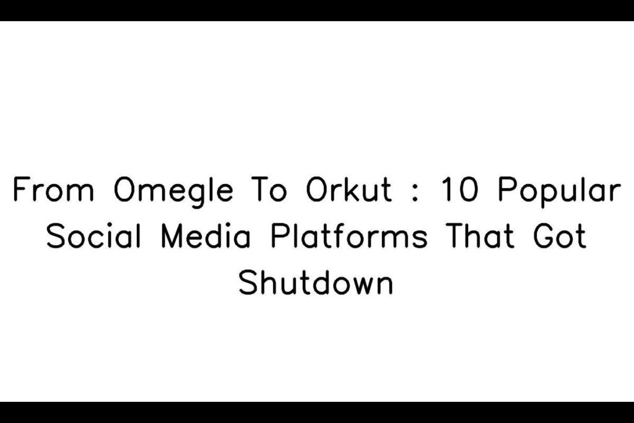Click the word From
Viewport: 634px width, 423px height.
53,190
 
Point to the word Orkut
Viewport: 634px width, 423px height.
349,190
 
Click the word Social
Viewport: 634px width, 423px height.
94,236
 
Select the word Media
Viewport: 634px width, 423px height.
206,236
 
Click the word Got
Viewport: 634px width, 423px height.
560,236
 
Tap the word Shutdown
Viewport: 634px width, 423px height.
316,282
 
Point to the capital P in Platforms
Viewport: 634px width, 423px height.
279,236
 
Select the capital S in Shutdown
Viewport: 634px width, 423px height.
247,282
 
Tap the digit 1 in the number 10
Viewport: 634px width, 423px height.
446,190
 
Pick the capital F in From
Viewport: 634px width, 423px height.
21,190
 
